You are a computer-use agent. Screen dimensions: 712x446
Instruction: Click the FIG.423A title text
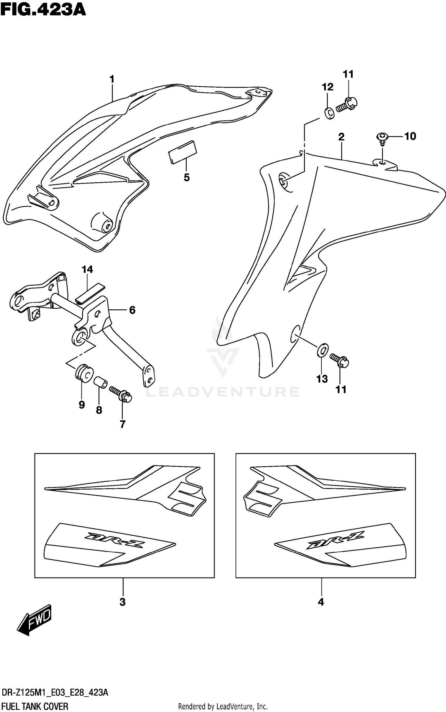pyautogui.click(x=43, y=10)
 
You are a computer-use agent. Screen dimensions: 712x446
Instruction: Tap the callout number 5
pyautogui.click(x=186, y=178)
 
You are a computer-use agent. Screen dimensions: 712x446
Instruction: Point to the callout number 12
pyautogui.click(x=328, y=87)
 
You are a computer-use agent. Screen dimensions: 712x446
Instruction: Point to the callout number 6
pyautogui.click(x=132, y=310)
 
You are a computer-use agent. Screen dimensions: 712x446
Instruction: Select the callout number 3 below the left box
pyautogui.click(x=123, y=602)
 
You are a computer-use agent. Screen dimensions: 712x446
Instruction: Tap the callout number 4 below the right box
pyautogui.click(x=321, y=602)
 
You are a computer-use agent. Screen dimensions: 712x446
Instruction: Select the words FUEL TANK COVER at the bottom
pyautogui.click(x=35, y=706)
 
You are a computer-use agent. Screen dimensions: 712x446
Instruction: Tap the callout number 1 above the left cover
pyautogui.click(x=112, y=79)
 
